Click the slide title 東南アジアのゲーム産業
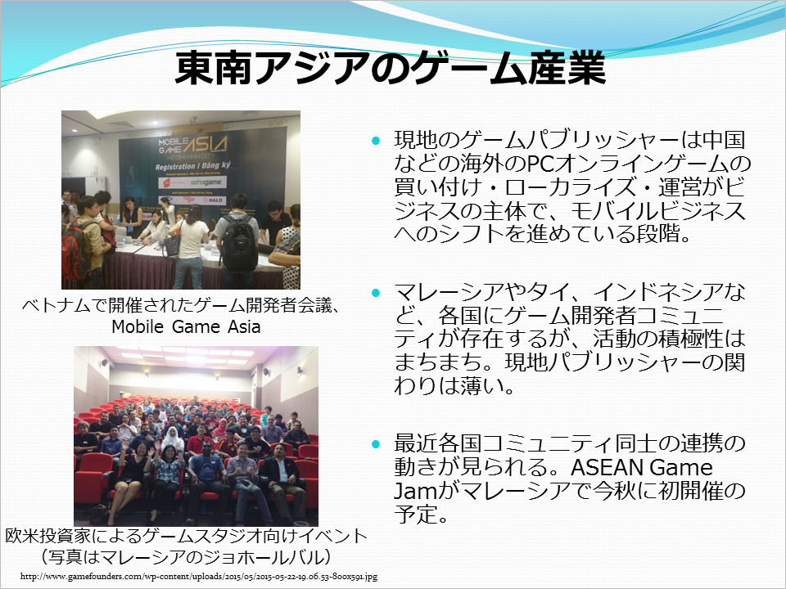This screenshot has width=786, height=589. click(391, 68)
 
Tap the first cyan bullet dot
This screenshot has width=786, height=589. click(376, 141)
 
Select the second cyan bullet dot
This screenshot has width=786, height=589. click(376, 293)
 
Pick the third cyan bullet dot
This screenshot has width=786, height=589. click(376, 444)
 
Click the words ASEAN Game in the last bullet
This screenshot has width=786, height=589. click(642, 467)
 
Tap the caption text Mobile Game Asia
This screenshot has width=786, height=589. click(186, 326)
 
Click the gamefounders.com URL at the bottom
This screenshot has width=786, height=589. click(199, 577)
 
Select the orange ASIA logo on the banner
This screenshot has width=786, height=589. click(206, 144)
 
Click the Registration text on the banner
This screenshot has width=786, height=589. click(175, 166)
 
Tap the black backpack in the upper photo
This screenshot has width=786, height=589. click(239, 243)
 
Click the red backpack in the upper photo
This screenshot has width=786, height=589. click(75, 253)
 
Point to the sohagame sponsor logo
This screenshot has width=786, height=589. click(206, 182)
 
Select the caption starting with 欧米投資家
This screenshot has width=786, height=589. click(187, 536)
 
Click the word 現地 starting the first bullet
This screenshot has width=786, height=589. click(416, 140)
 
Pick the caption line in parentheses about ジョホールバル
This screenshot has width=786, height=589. click(187, 557)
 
